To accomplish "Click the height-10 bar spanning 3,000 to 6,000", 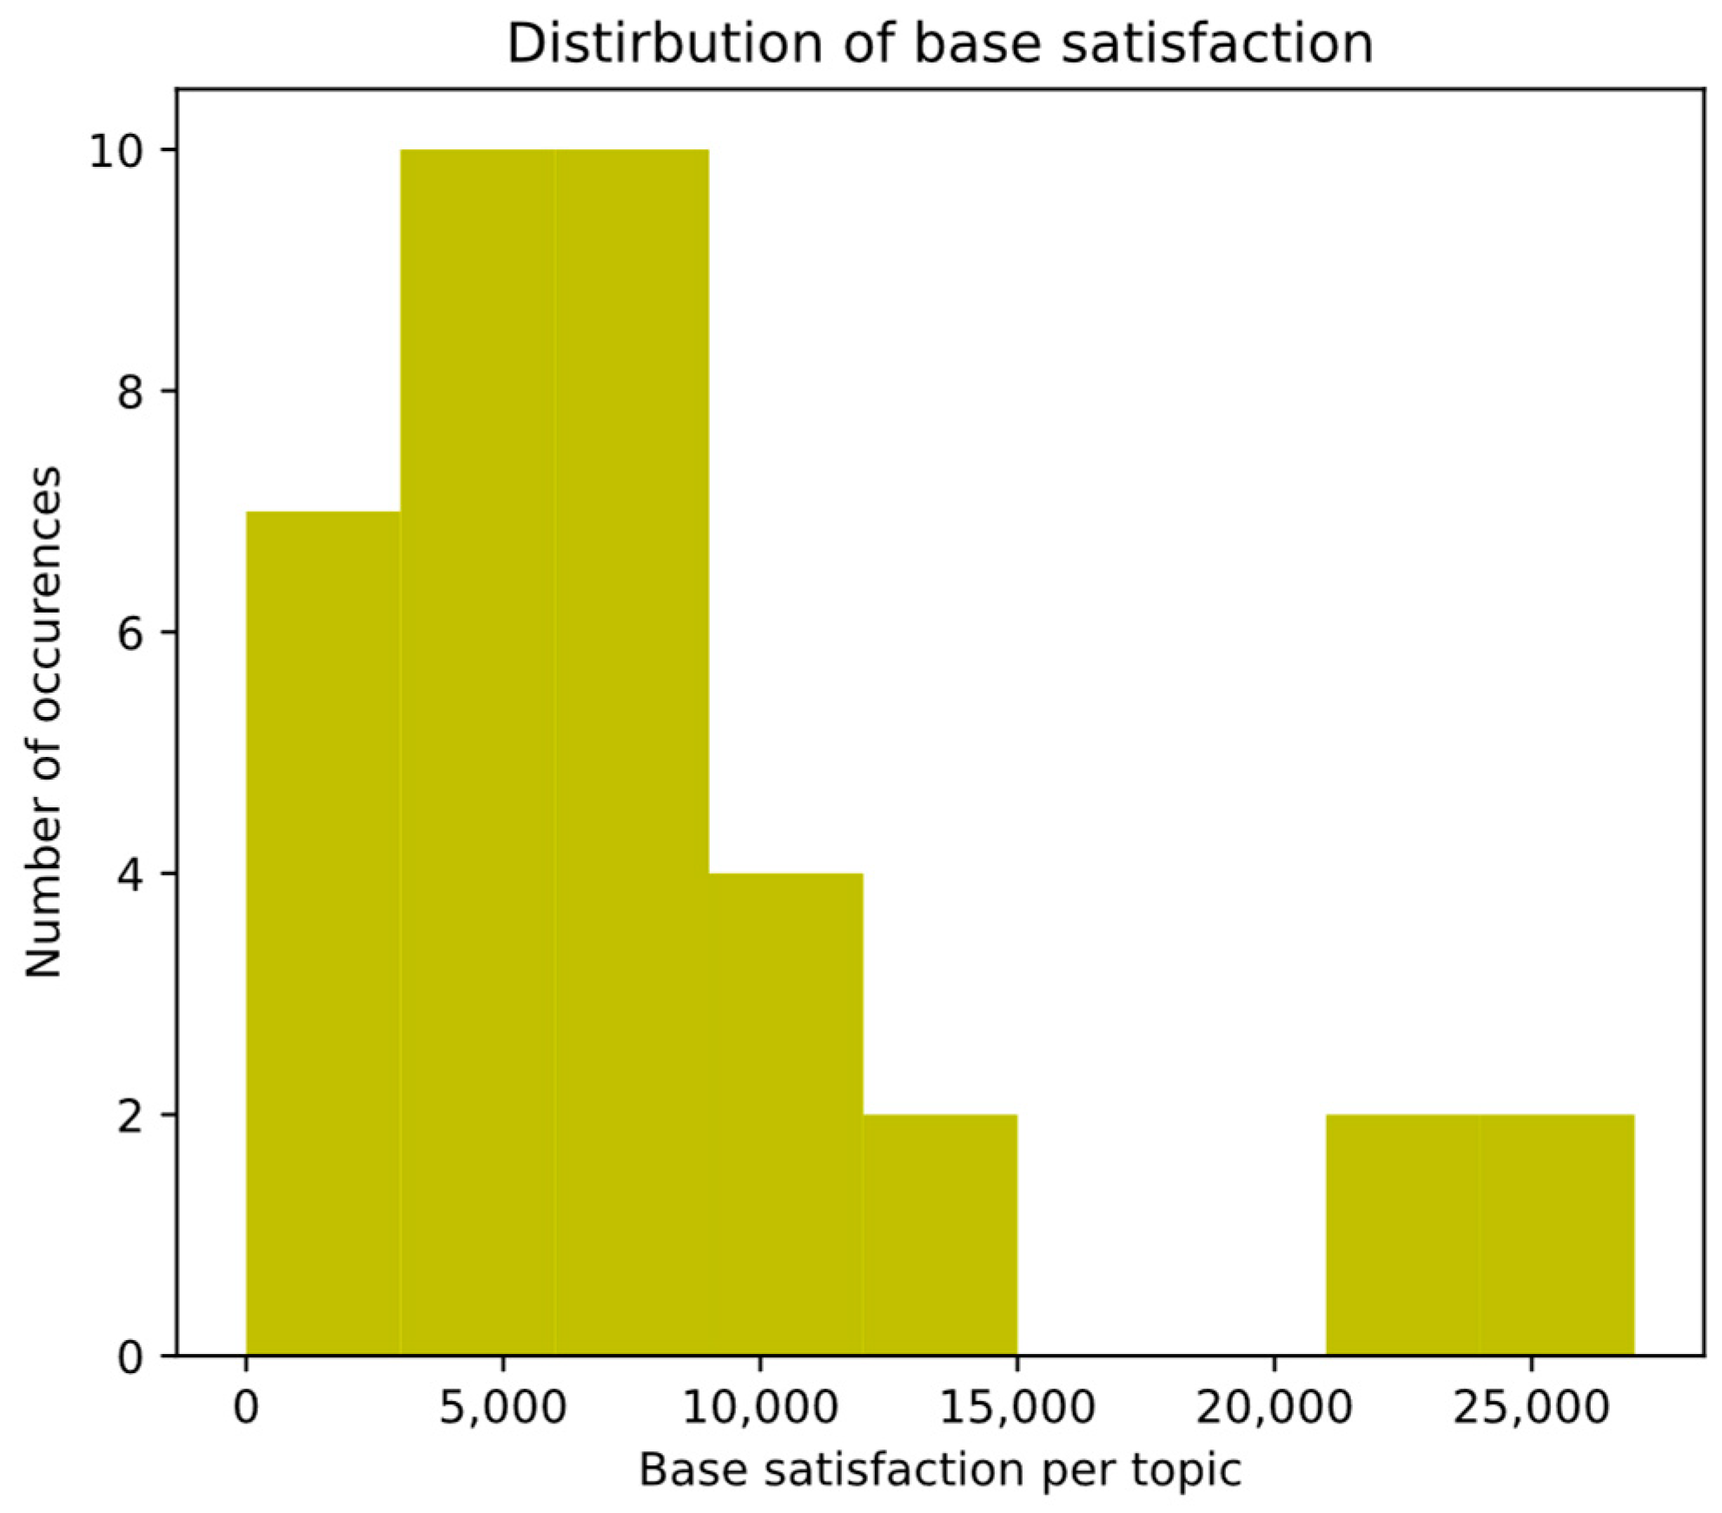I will [477, 752].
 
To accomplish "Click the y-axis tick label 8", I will [129, 393].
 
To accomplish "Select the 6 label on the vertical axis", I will [129, 634].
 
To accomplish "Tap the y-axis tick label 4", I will [129, 874].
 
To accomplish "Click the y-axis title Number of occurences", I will [43, 721].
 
